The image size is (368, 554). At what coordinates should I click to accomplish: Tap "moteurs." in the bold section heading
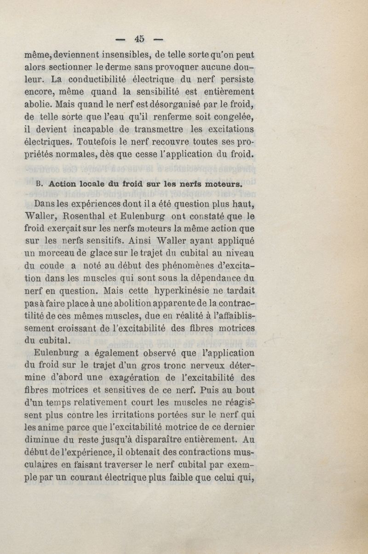point(224,183)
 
